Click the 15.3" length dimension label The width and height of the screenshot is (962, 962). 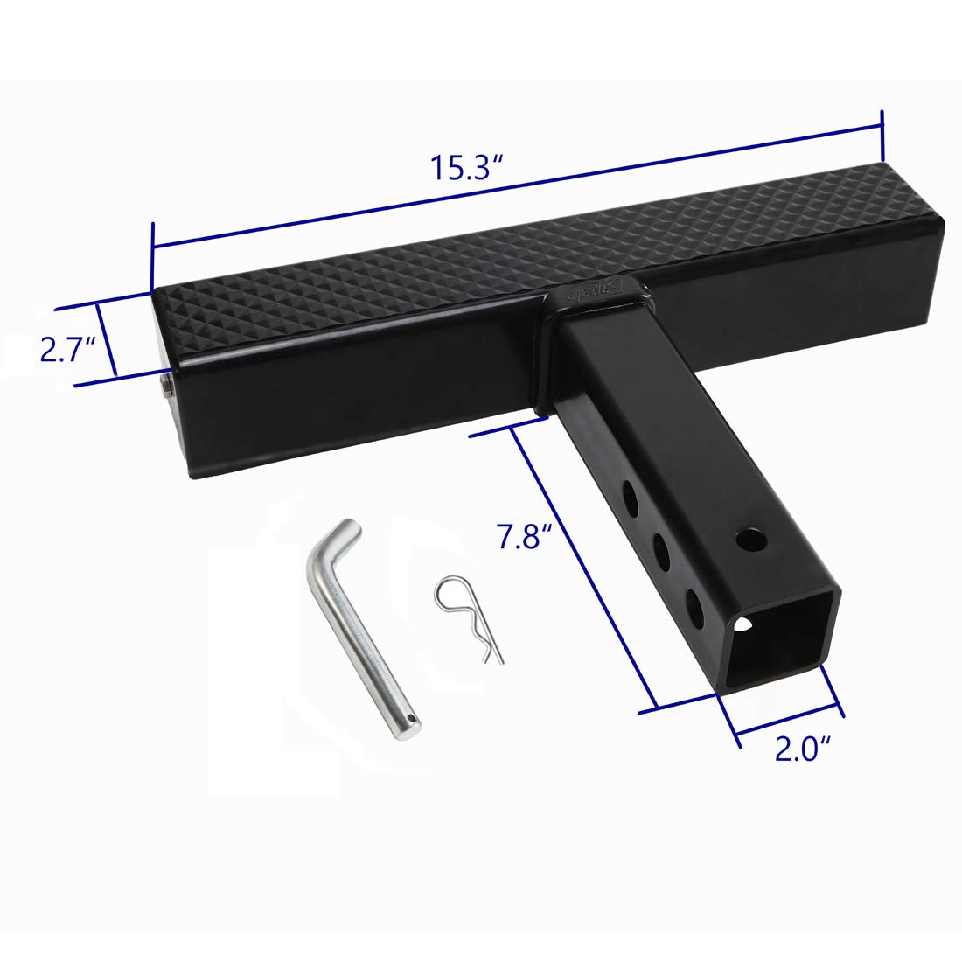[465, 167]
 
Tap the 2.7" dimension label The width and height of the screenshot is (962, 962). [66, 351]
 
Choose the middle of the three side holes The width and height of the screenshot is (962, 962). [661, 552]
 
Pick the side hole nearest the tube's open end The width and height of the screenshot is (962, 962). [694, 605]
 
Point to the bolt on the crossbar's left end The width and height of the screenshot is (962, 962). [165, 385]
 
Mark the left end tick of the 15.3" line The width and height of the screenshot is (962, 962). [153, 247]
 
